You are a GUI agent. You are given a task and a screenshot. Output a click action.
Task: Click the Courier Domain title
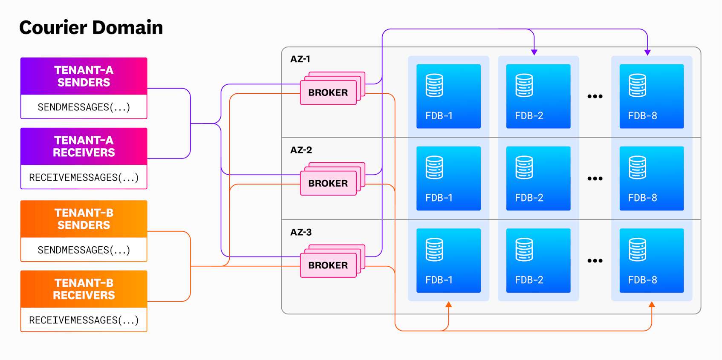coord(91,28)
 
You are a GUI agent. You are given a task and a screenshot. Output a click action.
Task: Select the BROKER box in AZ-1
coord(328,92)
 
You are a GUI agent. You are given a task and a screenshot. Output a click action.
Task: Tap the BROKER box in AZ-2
coord(328,183)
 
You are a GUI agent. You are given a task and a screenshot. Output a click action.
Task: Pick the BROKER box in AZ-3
coord(328,265)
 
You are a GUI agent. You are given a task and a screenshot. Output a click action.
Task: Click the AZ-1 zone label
coord(300,59)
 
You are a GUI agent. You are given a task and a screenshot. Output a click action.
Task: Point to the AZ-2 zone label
coord(301,150)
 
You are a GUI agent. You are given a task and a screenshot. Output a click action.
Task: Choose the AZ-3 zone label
coord(301,232)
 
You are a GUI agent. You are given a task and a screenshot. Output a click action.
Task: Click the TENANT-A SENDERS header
coord(84,76)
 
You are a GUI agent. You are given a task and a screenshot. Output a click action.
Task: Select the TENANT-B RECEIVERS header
coord(84,289)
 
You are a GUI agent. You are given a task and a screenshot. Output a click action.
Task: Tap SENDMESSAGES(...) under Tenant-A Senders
coord(84,107)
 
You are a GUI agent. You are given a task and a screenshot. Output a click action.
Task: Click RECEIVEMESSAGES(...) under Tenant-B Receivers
coord(84,320)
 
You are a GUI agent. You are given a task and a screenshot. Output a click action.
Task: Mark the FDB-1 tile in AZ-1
coord(448,96)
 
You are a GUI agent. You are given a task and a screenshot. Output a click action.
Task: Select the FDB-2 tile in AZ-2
coord(538,179)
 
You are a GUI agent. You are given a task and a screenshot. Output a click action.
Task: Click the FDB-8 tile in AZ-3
coord(652,261)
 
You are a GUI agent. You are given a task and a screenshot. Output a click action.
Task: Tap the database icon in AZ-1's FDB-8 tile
coord(638,85)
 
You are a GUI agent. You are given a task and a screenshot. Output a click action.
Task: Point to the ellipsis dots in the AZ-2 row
coord(595,179)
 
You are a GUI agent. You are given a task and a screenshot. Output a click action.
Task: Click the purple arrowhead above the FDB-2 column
coord(534,52)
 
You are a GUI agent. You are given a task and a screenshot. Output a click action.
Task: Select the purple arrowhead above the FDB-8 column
coord(647,52)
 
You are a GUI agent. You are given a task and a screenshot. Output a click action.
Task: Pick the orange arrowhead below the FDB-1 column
coord(448,305)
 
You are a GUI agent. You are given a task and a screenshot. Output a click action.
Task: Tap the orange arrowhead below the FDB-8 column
coord(652,305)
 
